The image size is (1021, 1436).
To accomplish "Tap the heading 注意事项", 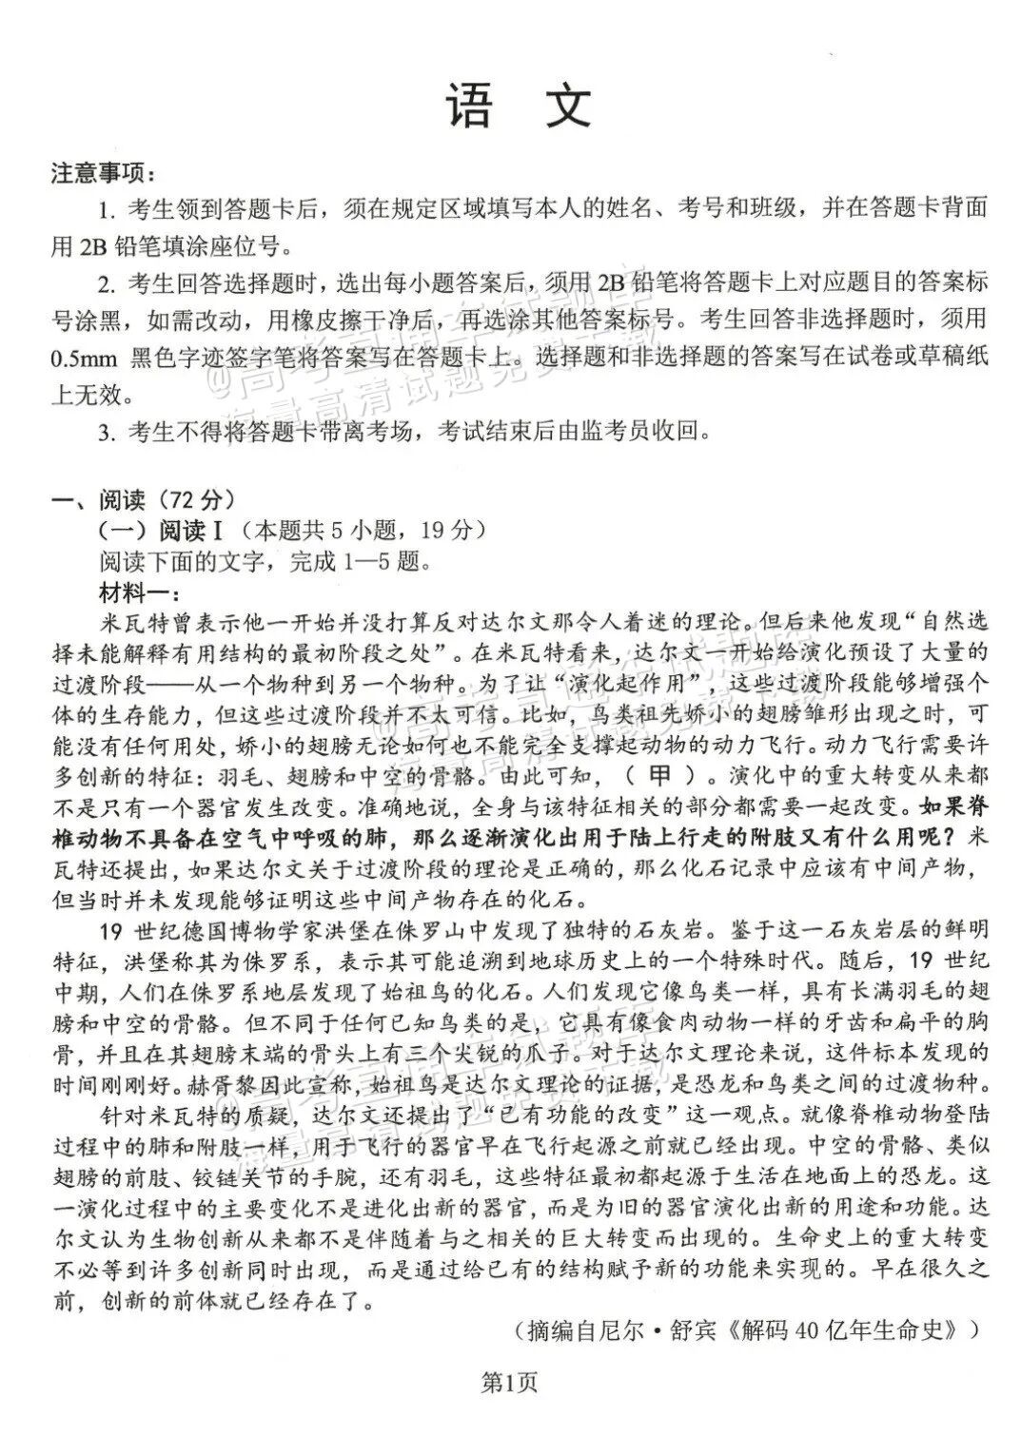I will pyautogui.click(x=104, y=175).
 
